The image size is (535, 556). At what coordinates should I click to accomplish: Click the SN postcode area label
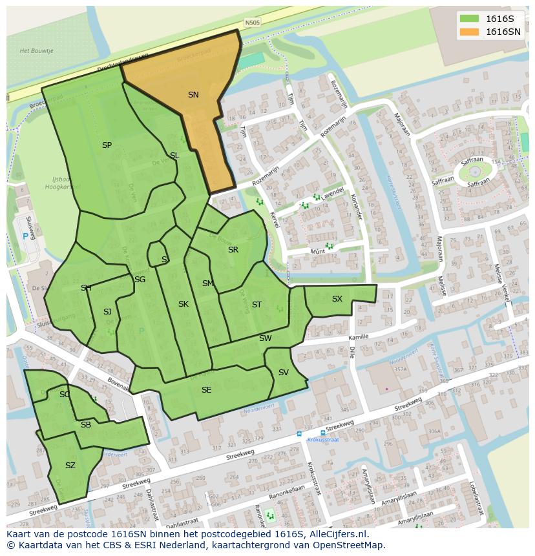coord(193,95)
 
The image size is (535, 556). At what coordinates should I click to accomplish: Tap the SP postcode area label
coord(107,145)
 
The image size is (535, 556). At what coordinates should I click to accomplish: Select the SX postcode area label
coord(337,299)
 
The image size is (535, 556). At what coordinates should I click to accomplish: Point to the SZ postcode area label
coord(70,465)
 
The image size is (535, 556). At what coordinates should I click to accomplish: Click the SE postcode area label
coord(206,390)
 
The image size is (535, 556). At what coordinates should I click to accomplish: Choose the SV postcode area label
coord(283,373)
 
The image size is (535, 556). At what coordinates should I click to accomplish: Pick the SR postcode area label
coord(233,250)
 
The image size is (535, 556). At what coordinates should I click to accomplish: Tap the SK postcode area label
coord(184,304)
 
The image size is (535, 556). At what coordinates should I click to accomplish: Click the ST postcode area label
coord(257,305)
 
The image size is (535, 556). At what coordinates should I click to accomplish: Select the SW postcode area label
coord(265,338)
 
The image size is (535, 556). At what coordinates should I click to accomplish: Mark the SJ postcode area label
coord(107,312)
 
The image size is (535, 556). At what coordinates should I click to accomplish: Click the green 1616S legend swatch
coord(469,18)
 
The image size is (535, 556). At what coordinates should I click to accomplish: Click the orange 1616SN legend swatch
coord(469,32)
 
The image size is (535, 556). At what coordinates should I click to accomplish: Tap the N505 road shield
coord(252,22)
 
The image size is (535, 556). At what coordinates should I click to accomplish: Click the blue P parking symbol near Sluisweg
coord(26,236)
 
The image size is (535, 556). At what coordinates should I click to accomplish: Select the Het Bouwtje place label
coord(36,50)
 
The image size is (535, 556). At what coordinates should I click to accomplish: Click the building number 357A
coord(400,369)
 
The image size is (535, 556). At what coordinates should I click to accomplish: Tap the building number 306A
coord(434,432)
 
